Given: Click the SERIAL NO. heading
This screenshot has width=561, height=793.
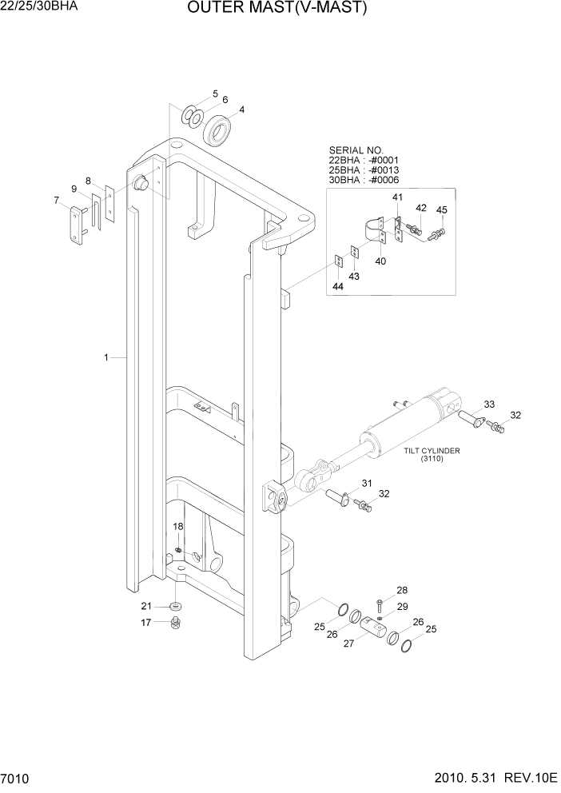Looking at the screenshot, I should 356,149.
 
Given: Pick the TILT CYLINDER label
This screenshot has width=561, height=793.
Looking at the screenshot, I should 432,452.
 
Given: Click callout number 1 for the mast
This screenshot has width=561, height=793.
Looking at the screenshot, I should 105,359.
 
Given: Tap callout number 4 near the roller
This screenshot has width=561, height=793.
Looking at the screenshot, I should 241,110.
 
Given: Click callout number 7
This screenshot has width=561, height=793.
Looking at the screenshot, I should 56,201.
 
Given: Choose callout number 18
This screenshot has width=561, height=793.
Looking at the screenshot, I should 178,526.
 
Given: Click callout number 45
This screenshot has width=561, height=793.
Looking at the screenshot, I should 441,210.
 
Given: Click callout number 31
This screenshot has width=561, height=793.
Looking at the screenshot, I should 367,483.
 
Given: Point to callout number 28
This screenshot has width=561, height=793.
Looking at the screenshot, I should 403,589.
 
